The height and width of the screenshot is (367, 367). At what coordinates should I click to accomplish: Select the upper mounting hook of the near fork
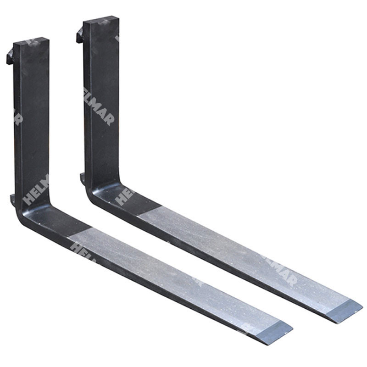click(x=10, y=57)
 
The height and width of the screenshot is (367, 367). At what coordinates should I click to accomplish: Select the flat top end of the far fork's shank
click(x=101, y=19)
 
